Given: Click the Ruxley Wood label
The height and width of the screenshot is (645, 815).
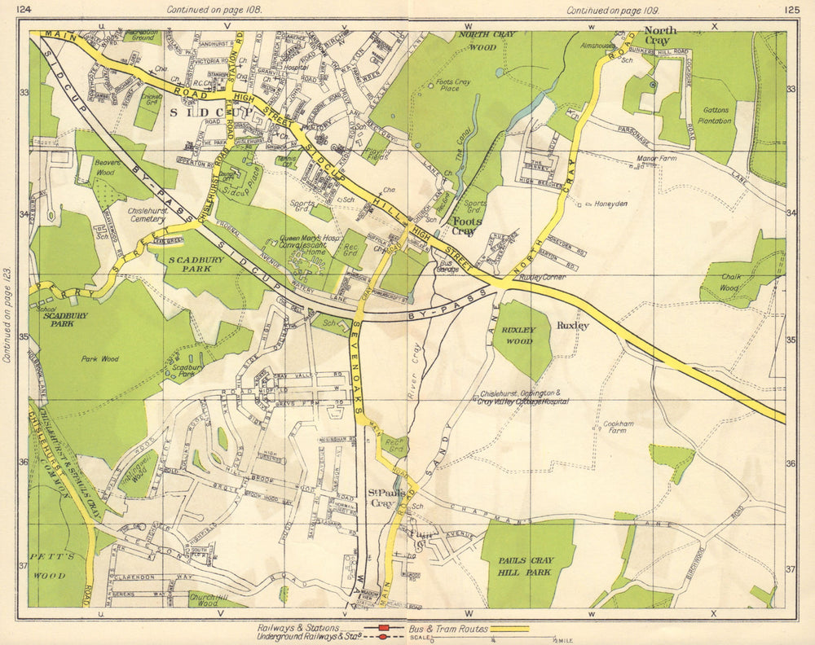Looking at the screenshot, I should [x=518, y=336].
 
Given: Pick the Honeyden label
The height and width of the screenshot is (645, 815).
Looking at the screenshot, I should [x=610, y=204].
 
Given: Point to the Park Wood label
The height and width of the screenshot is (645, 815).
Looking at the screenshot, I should [x=99, y=358].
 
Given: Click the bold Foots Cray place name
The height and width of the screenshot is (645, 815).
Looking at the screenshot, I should [x=467, y=226].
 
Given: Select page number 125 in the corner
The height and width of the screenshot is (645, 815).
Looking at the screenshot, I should [x=791, y=10].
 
